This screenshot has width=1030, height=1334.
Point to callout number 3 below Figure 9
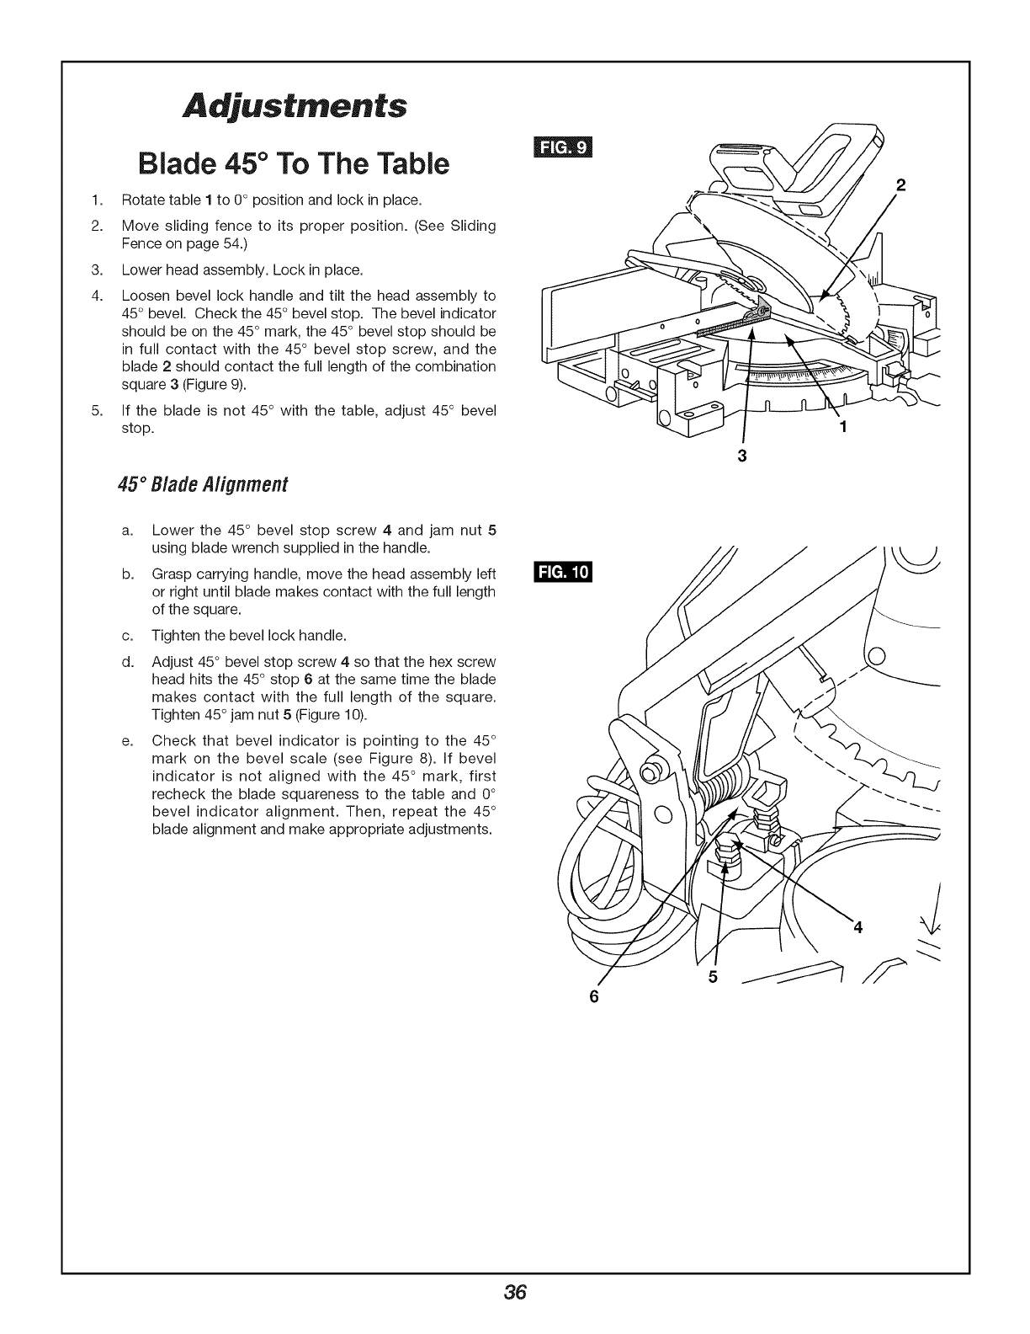(742, 456)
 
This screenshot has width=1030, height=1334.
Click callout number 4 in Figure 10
(858, 928)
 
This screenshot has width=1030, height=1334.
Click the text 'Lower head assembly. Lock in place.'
(242, 270)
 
